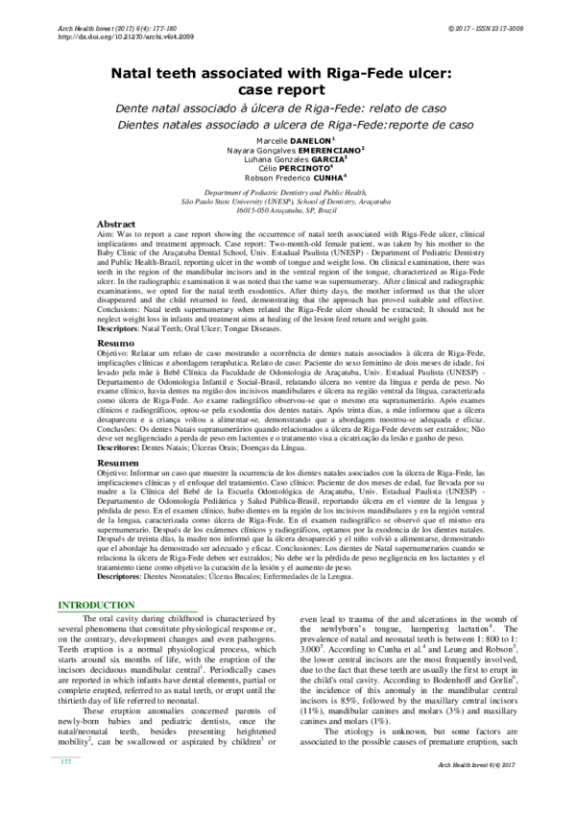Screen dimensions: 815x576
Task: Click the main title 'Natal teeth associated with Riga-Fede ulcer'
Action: click(288, 71)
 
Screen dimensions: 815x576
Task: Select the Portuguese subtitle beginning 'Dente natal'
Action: click(288, 109)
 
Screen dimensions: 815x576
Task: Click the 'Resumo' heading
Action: click(115, 343)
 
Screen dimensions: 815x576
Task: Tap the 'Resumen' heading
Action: click(117, 464)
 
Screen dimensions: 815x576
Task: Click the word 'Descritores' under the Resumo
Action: click(117, 448)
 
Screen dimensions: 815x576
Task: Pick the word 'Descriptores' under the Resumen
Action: click(119, 577)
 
